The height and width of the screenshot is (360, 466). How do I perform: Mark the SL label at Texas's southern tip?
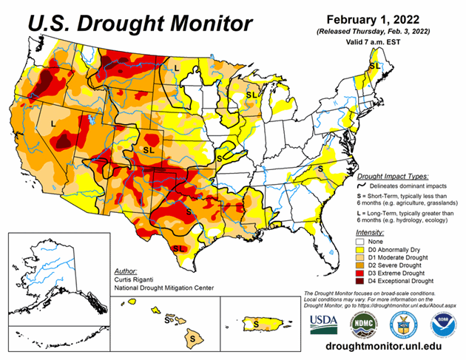coord(178,249)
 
